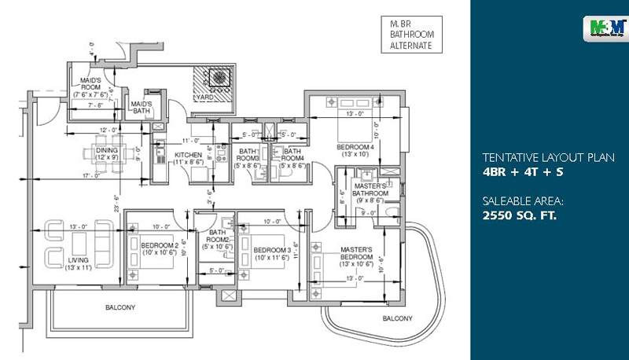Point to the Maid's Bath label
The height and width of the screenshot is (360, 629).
coord(142,108)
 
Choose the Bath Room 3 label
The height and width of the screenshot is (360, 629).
coord(248,158)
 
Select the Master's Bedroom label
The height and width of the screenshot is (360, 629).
coord(356,258)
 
